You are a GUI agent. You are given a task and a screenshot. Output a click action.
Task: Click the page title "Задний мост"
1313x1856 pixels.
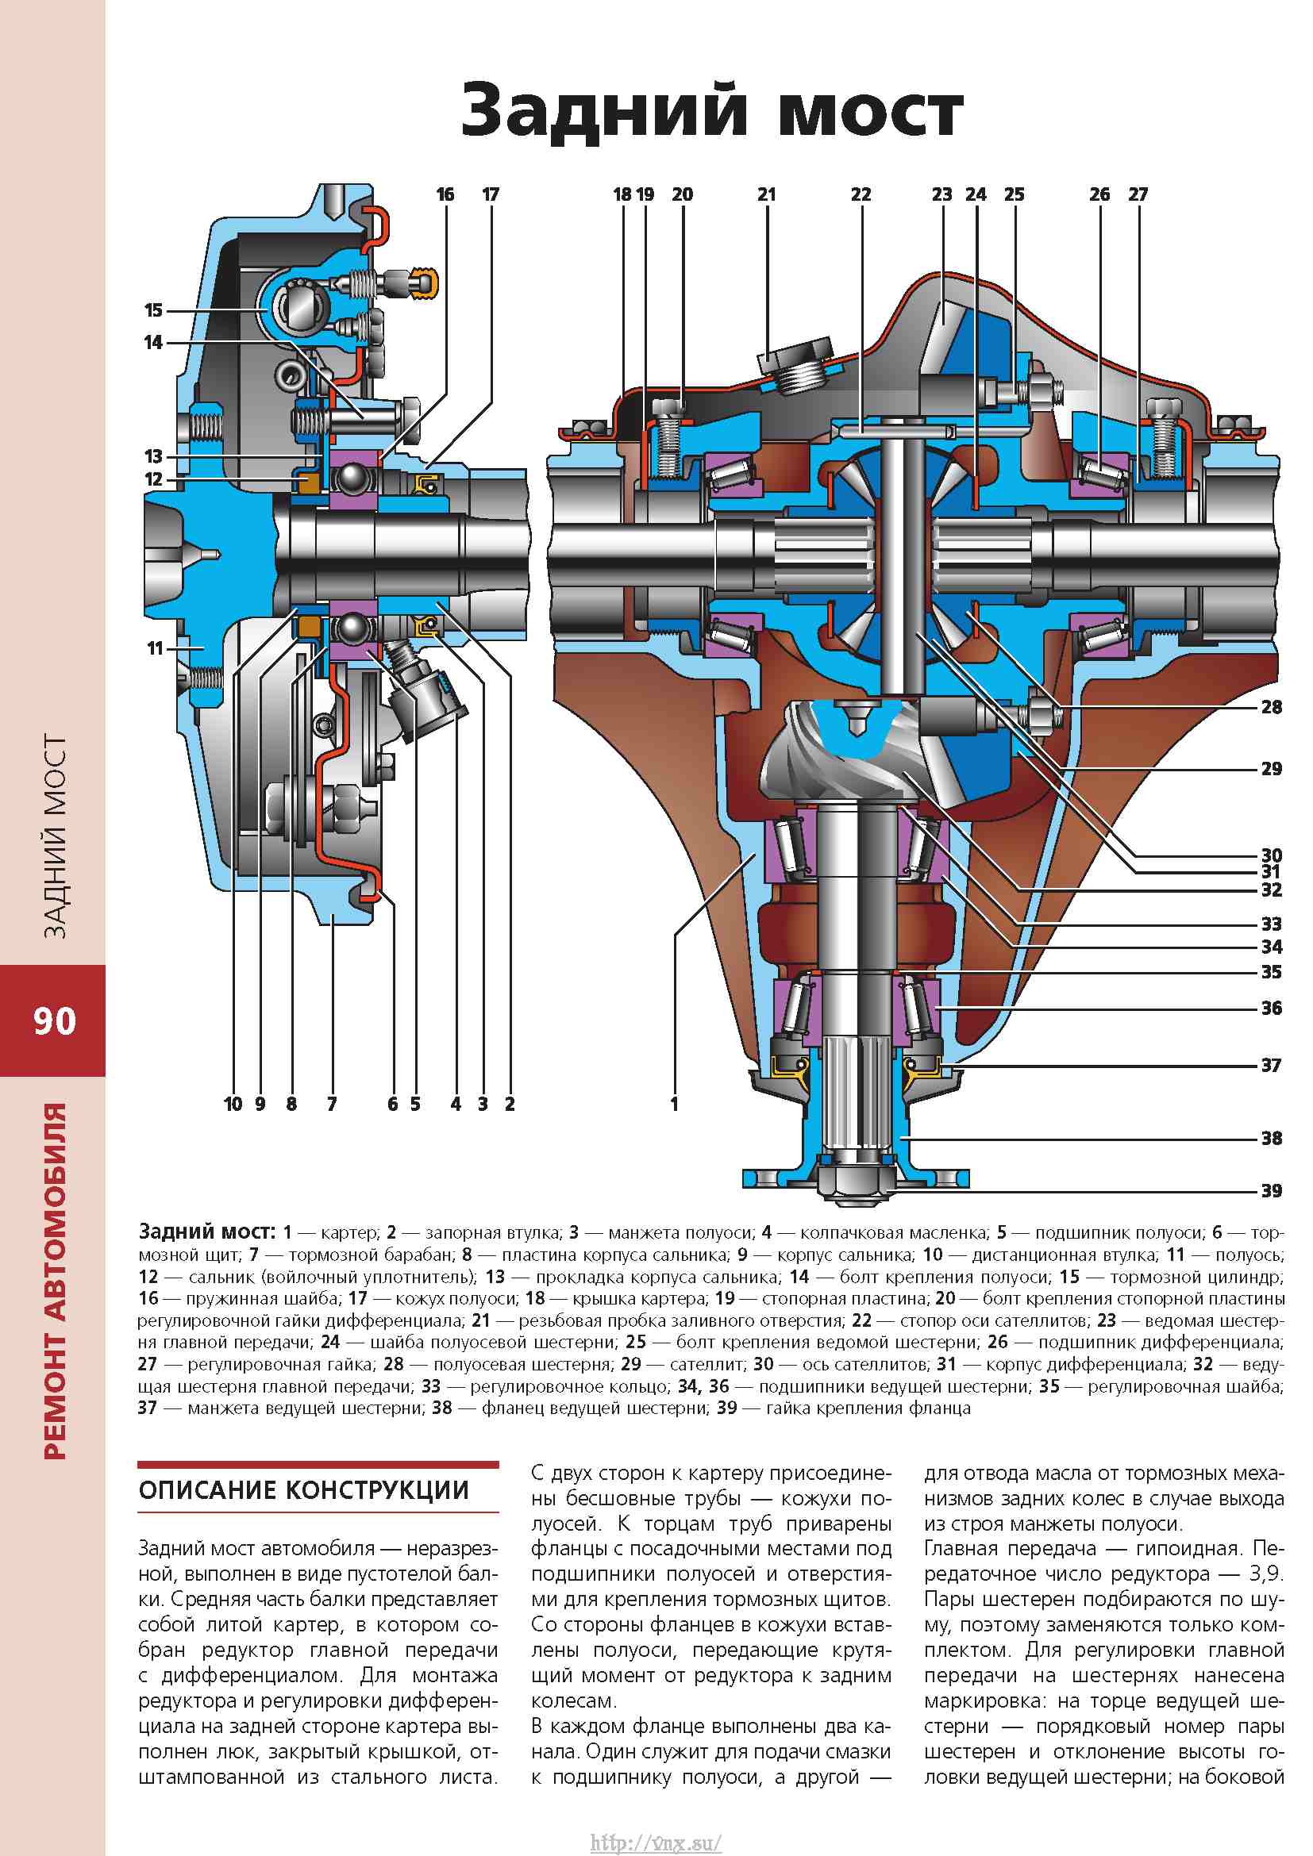tap(711, 113)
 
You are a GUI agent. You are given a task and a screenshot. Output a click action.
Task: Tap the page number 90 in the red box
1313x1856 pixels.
tap(54, 1021)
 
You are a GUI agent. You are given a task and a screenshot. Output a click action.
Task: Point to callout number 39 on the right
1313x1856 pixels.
tap(1272, 1191)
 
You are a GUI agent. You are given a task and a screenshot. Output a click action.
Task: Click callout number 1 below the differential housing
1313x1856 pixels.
tap(674, 1104)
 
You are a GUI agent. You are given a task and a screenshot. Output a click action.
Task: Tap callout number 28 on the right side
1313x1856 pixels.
tap(1272, 707)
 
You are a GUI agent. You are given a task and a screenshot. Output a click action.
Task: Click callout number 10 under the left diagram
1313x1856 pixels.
tap(233, 1104)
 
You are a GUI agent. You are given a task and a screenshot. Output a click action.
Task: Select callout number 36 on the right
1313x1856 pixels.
tap(1272, 1008)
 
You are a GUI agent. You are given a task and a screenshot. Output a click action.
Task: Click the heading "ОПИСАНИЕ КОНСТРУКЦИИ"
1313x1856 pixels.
tap(304, 1490)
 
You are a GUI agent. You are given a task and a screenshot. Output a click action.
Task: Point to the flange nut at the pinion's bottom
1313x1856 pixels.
tap(857, 1178)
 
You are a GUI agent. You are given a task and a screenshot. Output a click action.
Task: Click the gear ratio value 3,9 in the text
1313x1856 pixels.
tap(1266, 1573)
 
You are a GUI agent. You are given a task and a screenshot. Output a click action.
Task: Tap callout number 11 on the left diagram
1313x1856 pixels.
tap(156, 647)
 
